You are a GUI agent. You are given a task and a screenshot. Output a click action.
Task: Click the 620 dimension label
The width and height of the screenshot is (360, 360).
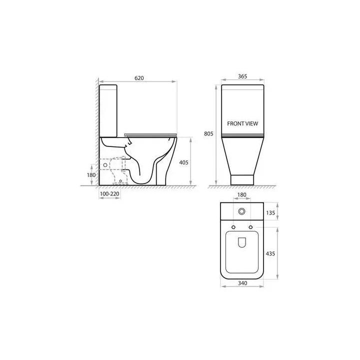coord(139,78)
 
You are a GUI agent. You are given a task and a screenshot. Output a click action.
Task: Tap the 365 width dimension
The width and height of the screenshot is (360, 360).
coord(242,76)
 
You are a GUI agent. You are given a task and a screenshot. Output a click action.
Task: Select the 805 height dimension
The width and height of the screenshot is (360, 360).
coord(208,133)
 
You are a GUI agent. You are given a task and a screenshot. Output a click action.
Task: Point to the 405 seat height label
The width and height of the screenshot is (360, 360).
coord(183,162)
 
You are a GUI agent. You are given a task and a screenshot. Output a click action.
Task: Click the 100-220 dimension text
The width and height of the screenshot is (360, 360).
coord(109,194)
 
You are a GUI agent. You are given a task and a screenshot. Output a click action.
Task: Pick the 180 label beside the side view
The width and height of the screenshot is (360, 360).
coord(91,175)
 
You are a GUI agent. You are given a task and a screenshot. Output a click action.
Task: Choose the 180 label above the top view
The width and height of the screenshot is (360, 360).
coord(241,195)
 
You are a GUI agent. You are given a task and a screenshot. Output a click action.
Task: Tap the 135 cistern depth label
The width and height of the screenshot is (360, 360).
coord(270,213)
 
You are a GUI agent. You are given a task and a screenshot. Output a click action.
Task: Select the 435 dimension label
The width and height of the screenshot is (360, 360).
coord(270,253)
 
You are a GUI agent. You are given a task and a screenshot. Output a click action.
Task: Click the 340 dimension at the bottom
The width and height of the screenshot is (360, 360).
coord(242,283)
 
